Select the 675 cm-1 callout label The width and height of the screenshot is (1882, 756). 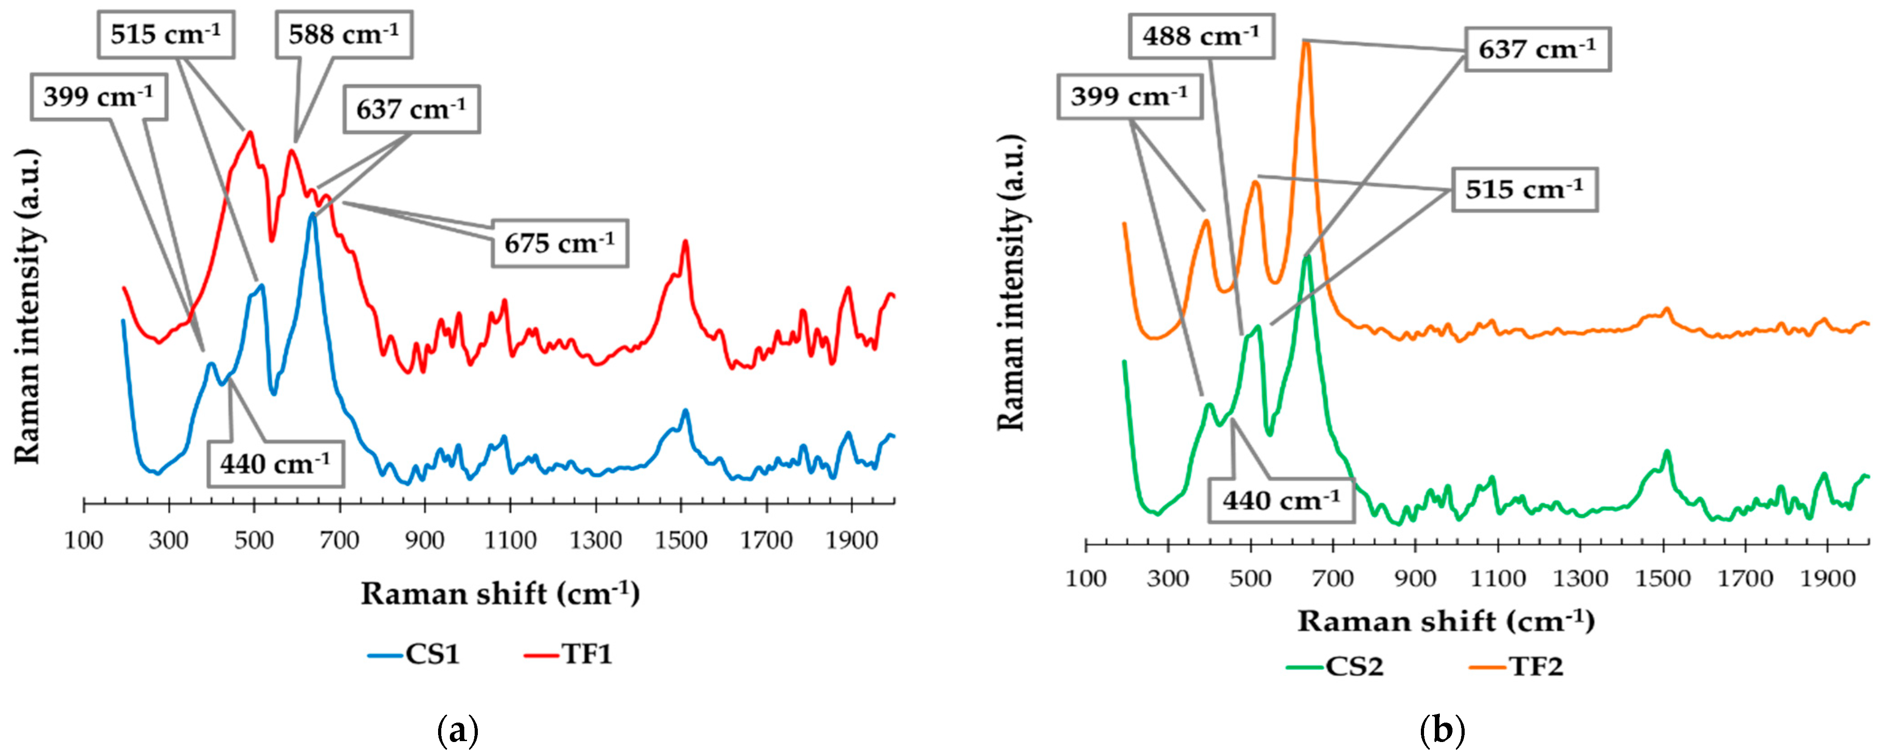[x=559, y=242]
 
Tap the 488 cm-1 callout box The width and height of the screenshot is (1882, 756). [x=1201, y=36]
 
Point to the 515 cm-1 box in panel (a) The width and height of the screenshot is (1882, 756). [x=166, y=34]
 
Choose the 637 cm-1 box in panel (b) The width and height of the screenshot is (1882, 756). [x=1537, y=50]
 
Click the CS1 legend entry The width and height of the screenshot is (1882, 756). [x=414, y=654]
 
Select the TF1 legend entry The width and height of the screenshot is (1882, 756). [x=569, y=654]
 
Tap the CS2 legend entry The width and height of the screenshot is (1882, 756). [x=1335, y=666]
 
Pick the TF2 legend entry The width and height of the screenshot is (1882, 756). [x=1519, y=666]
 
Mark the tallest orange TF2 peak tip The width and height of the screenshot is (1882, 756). [x=1306, y=42]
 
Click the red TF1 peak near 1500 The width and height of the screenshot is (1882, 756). [x=685, y=242]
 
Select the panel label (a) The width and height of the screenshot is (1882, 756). [x=458, y=730]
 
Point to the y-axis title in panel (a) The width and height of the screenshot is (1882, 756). [x=27, y=307]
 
